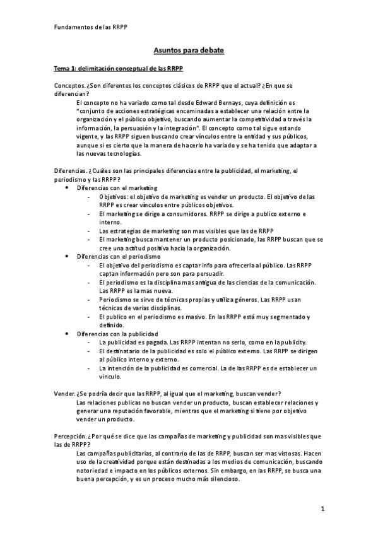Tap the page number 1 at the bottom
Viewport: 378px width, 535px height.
(x=322, y=508)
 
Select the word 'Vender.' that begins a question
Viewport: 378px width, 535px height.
(x=64, y=394)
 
